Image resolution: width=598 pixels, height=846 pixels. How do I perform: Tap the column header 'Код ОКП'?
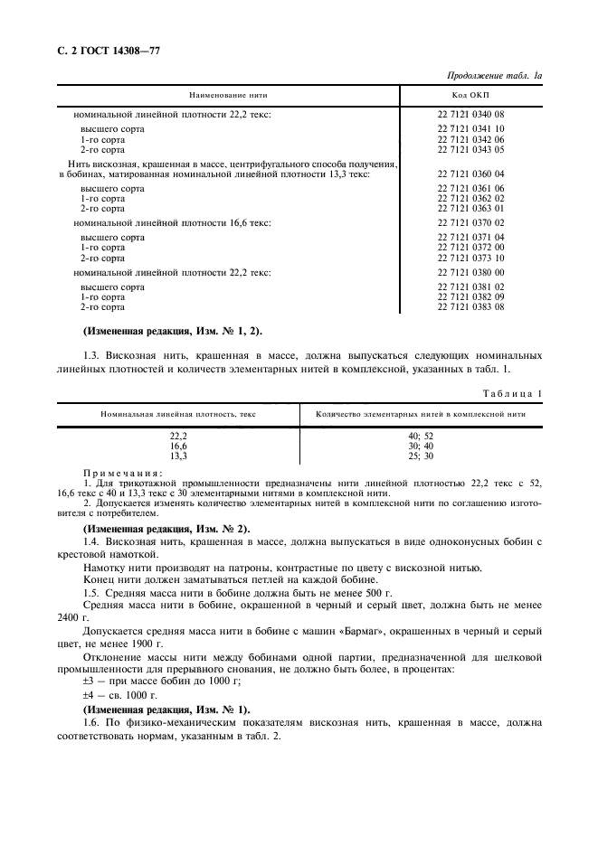pyautogui.click(x=470, y=95)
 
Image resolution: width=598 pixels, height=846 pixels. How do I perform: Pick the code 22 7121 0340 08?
pyautogui.click(x=470, y=115)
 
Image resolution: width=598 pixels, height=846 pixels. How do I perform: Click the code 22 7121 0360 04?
pyautogui.click(x=470, y=174)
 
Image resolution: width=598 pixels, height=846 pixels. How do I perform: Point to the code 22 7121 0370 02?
pyautogui.click(x=470, y=222)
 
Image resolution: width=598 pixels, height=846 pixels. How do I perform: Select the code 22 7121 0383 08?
pyautogui.click(x=470, y=307)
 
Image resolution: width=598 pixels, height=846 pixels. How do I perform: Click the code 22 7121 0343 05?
pyautogui.click(x=470, y=150)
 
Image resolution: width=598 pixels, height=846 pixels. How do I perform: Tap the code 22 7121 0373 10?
pyautogui.click(x=470, y=258)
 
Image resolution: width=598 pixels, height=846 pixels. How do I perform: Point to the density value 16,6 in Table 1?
pyautogui.click(x=178, y=446)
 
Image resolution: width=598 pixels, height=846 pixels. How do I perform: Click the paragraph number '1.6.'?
pyautogui.click(x=92, y=722)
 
